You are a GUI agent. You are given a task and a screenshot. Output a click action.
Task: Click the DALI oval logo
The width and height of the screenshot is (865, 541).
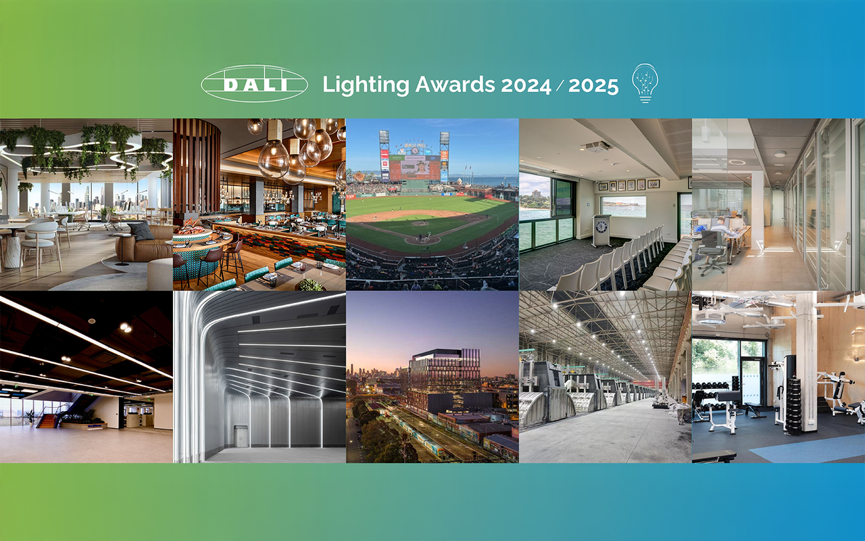point(254,83)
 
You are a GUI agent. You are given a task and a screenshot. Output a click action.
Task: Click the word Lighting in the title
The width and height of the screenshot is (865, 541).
point(366,85)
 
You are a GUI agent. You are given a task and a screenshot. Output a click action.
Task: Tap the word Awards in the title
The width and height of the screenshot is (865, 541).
point(455,84)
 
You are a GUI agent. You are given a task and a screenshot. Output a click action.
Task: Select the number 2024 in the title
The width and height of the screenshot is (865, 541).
point(526,85)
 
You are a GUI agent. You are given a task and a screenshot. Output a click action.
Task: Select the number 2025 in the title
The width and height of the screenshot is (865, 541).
point(593,85)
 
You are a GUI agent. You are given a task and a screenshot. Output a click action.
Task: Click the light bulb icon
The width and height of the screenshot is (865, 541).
point(645,83)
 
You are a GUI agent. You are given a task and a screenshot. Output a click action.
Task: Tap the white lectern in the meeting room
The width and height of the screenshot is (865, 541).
point(601,231)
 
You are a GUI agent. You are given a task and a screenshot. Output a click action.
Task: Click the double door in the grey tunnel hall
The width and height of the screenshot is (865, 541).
point(241,436)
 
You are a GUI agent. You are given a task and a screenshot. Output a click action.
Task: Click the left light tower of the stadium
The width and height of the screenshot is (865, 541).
point(385,156)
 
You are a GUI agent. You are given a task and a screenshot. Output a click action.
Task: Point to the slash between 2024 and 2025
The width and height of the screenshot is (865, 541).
point(560,85)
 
